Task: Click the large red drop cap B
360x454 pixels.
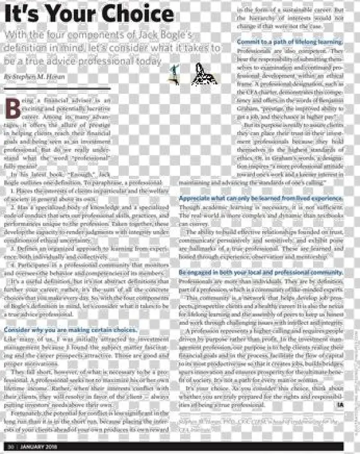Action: pos(13,108)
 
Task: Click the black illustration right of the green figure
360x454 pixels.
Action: pos(204,74)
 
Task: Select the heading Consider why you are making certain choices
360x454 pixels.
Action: pos(71,331)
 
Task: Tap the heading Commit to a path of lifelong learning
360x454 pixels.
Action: pos(290,42)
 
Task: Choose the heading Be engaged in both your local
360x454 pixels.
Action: pos(260,273)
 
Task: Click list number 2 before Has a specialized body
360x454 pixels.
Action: pos(13,207)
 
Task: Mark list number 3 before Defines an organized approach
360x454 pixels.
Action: pos(13,249)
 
